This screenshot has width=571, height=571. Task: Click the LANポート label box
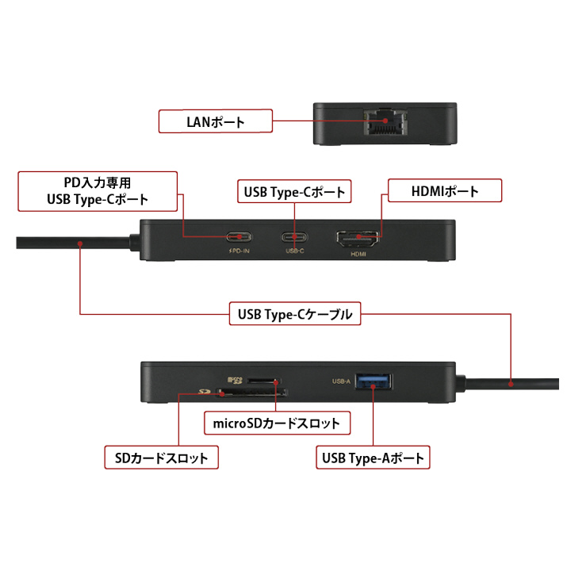tap(215, 122)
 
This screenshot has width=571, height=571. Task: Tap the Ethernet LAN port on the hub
tap(385, 125)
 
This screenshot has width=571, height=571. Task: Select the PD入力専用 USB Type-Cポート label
tap(96, 190)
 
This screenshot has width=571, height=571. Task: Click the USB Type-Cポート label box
tap(295, 191)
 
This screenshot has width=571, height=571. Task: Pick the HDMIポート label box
tap(444, 190)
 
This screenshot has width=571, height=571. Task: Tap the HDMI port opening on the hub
tap(358, 236)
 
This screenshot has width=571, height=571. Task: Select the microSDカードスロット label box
tap(276, 423)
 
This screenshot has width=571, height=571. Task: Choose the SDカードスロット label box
tap(162, 458)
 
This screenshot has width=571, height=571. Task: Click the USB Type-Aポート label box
tap(373, 458)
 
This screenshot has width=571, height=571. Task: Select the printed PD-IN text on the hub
tap(240, 251)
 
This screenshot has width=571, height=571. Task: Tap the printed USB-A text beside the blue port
tap(341, 381)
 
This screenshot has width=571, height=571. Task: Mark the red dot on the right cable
tap(512, 384)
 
